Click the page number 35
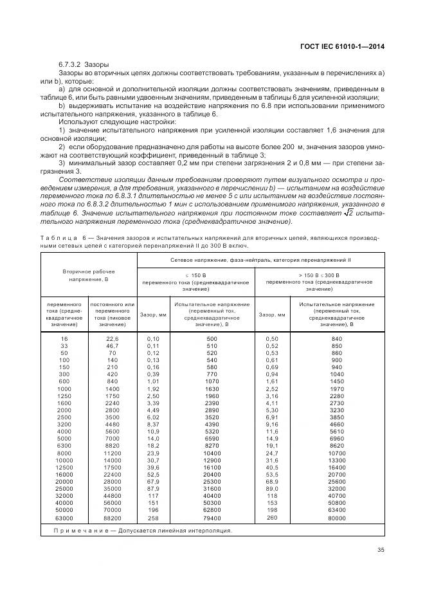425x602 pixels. (381, 549)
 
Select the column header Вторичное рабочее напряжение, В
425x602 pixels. (89, 276)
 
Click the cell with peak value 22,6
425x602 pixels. (113, 338)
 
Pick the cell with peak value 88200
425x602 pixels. (113, 517)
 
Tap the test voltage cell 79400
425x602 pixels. (212, 517)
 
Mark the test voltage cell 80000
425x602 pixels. (337, 517)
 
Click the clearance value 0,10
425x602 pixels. (152, 338)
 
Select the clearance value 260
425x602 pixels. (273, 516)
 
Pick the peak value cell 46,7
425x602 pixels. (113, 345)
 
